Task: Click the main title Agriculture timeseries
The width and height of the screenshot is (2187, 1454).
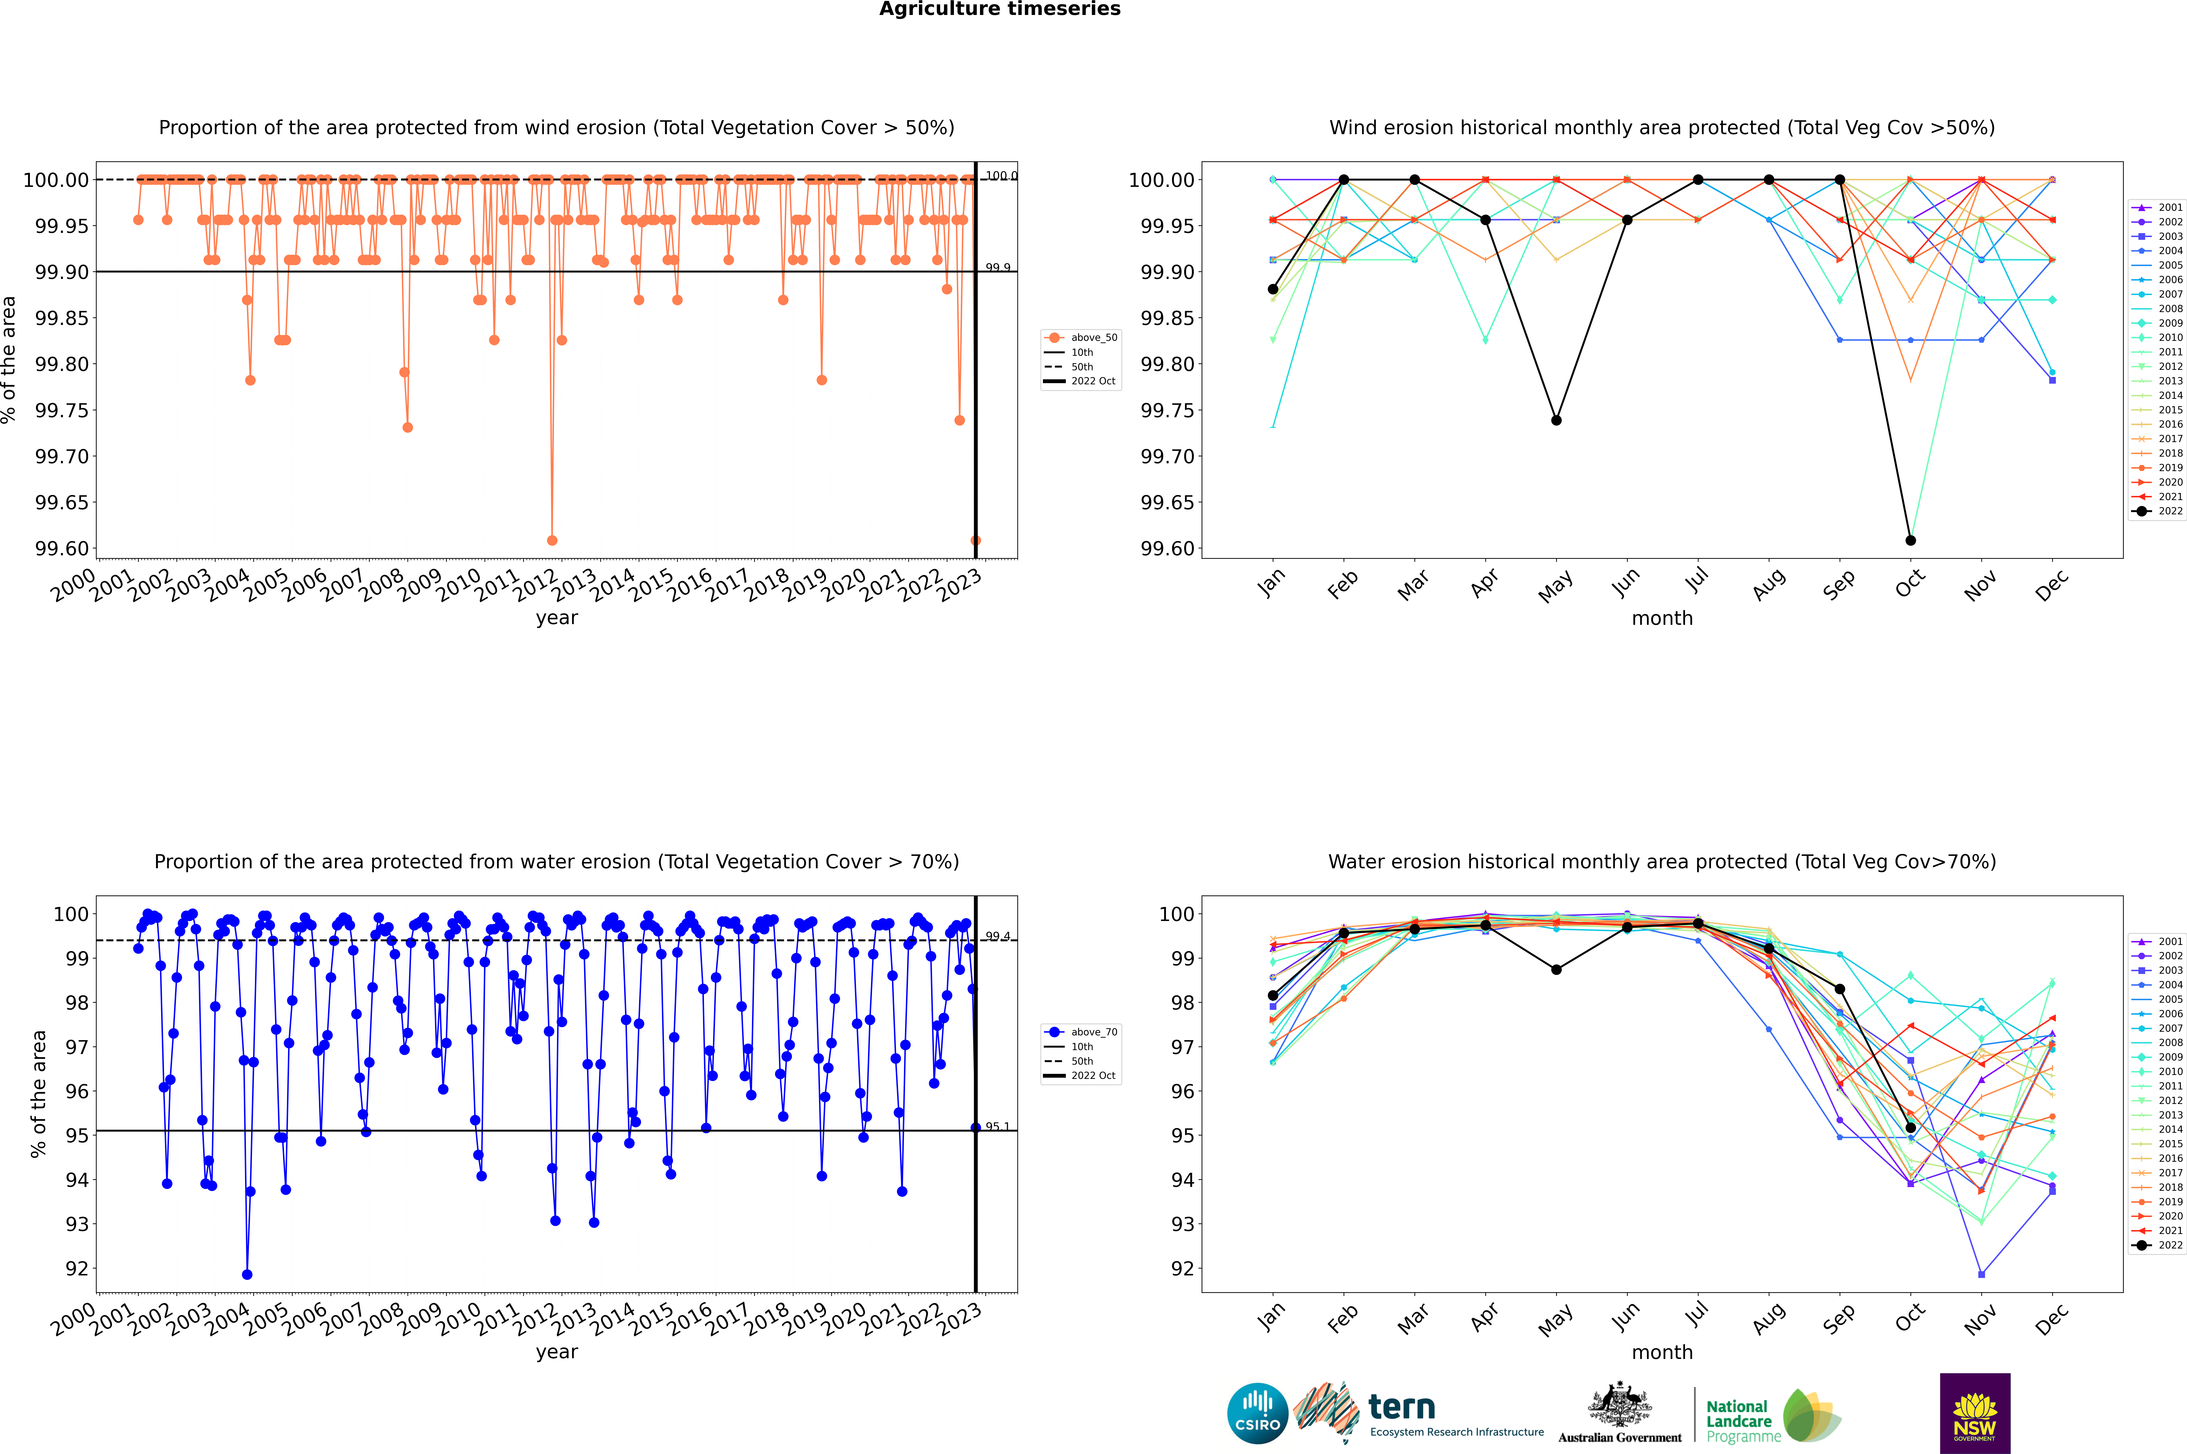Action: [x=999, y=9]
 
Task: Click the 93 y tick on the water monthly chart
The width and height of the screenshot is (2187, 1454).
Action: [x=1183, y=1224]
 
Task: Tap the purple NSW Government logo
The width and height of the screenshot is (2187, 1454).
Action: [x=1975, y=1413]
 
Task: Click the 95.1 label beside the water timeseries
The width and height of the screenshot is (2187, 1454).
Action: [x=998, y=1127]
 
